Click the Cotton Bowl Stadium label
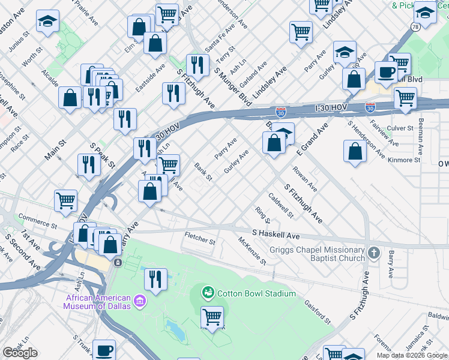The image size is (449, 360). point(256,293)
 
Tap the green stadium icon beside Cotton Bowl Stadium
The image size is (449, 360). point(209,293)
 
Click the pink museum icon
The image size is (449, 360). point(139,300)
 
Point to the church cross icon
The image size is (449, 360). point(374,252)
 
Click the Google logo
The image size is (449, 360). point(20,353)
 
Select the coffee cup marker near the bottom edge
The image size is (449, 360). point(104,349)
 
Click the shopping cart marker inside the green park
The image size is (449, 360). point(212,316)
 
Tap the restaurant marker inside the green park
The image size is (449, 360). point(155,279)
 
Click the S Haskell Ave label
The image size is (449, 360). point(276,234)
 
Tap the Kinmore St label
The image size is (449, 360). point(404,160)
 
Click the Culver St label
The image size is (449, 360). point(400,128)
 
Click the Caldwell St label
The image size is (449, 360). point(281,205)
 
